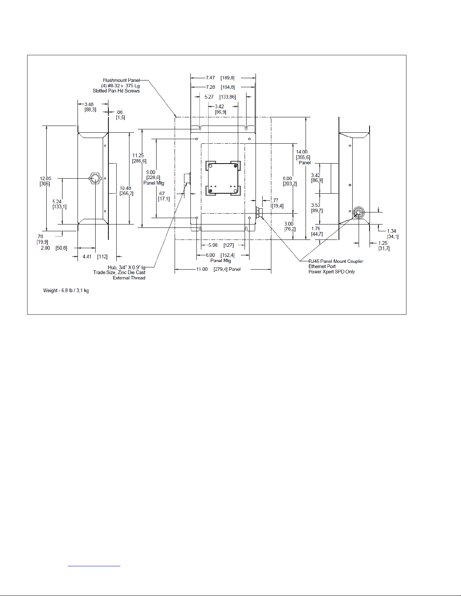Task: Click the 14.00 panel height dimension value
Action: click(301, 152)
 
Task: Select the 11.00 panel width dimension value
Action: click(202, 269)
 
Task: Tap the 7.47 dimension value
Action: click(210, 78)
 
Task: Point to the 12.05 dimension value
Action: click(46, 179)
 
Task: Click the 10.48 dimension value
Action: click(125, 188)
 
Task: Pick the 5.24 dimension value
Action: click(57, 202)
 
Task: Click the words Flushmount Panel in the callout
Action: click(121, 80)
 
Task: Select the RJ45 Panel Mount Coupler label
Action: click(336, 261)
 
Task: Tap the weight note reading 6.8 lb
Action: click(66, 290)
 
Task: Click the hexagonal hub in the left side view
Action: click(95, 179)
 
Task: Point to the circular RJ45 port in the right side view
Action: click(358, 212)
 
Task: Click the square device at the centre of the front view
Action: click(223, 178)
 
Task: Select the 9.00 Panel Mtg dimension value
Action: click(151, 172)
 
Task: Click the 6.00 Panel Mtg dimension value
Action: click(210, 255)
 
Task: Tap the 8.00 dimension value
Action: click(287, 179)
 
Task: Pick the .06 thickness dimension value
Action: click(119, 112)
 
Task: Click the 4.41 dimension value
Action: click(87, 257)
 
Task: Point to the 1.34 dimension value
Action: click(392, 231)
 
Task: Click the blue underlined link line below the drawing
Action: click(94, 566)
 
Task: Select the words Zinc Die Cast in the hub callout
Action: click(131, 272)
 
